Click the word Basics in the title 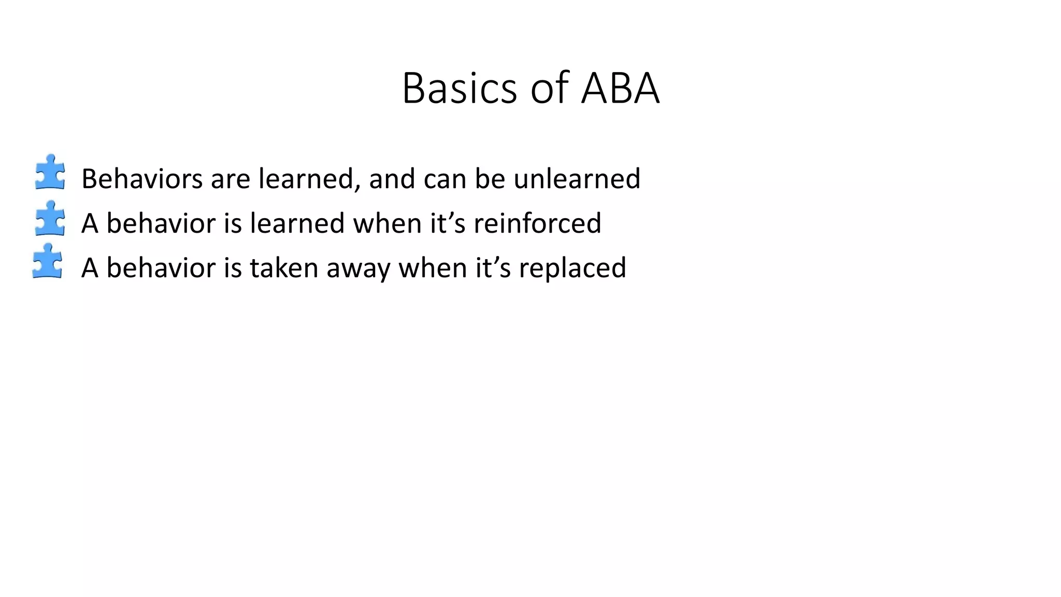pos(459,88)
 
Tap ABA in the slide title pos(620,88)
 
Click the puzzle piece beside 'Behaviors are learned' pos(50,172)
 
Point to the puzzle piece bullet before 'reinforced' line pos(50,218)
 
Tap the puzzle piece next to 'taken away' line pos(47,261)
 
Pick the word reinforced pos(537,223)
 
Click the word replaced pos(572,268)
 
